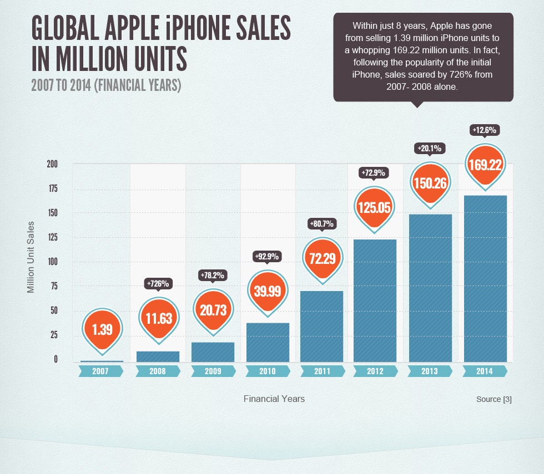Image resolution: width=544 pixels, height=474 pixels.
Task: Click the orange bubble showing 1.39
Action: tap(103, 329)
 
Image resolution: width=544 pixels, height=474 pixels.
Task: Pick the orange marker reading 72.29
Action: tap(321, 258)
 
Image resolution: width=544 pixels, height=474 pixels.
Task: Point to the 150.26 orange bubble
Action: tap(430, 182)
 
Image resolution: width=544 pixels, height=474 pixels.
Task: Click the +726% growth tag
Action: tap(158, 283)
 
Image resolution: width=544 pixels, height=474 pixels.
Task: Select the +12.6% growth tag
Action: tap(485, 130)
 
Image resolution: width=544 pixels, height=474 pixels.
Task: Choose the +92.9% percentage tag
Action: tap(267, 256)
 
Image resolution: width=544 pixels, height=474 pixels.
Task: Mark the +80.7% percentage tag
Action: tap(321, 224)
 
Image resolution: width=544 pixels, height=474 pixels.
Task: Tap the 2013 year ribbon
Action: tap(430, 371)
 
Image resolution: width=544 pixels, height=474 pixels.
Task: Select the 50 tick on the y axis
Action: tap(53, 311)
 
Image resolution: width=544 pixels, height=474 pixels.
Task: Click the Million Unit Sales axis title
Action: tap(31, 257)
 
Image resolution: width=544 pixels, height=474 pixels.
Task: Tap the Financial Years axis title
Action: tap(274, 399)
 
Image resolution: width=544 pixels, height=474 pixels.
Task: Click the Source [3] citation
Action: tap(493, 399)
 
